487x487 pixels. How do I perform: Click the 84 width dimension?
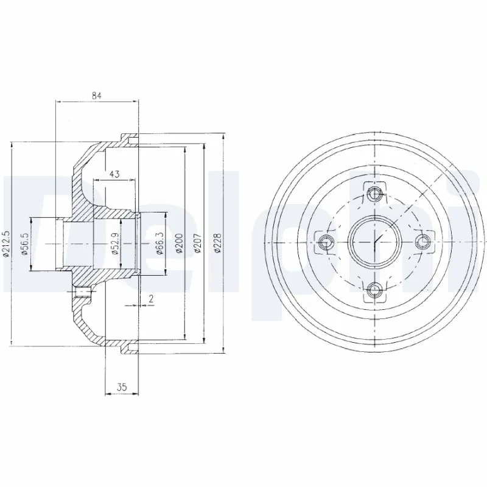(x=96, y=95)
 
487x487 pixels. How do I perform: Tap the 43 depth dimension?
(x=114, y=174)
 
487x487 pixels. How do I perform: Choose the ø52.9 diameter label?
(x=115, y=244)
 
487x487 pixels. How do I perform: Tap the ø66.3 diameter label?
(x=159, y=243)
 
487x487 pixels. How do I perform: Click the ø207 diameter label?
(x=197, y=243)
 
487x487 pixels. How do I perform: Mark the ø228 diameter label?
(x=217, y=243)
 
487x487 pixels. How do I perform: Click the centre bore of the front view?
(x=374, y=242)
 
